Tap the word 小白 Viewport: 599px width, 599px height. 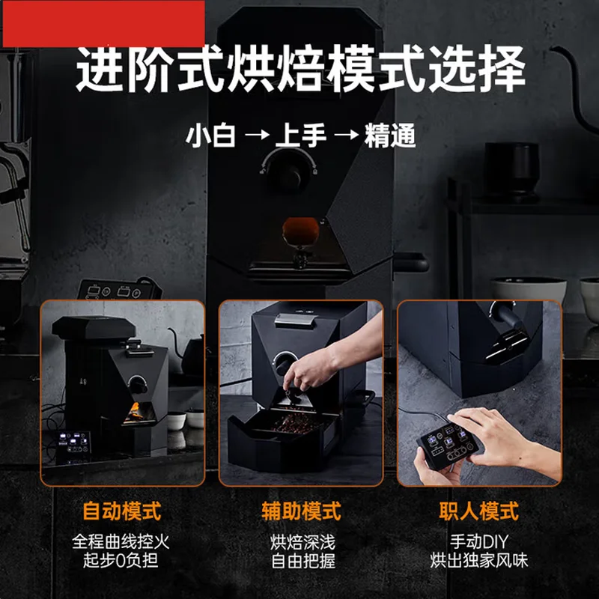coord(210,136)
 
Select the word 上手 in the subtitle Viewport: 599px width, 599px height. coord(299,136)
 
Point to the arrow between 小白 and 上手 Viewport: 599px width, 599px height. coord(255,137)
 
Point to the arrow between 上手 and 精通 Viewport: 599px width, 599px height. coord(344,137)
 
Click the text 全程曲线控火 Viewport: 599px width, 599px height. coord(122,541)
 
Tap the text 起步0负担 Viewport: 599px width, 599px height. coord(122,560)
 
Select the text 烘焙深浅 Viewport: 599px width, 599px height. coord(301,541)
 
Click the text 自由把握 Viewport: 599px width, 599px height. coord(301,560)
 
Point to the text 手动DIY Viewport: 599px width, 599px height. coord(479,541)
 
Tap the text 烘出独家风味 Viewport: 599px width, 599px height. coord(479,560)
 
